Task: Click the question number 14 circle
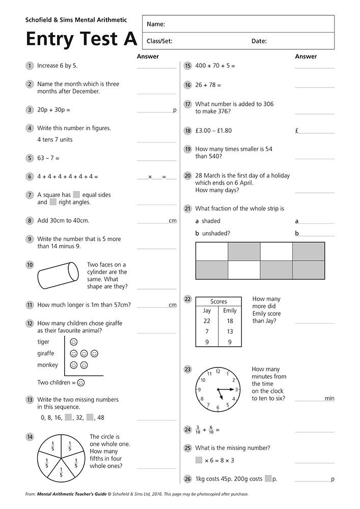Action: tap(30, 436)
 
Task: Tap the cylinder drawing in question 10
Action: tap(58, 275)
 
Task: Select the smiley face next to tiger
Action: tap(74, 342)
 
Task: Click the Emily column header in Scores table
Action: tap(230, 310)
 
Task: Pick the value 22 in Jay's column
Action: tap(207, 321)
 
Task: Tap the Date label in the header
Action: tap(259, 41)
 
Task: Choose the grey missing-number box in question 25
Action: tap(199, 460)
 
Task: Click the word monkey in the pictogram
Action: tap(47, 365)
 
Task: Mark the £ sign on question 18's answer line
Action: tap(297, 131)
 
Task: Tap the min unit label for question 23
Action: tap(329, 399)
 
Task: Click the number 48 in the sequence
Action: tap(100, 417)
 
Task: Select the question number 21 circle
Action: tap(187, 208)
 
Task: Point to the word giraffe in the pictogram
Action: tap(45, 353)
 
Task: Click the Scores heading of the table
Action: tap(218, 301)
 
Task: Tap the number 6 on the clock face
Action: tap(217, 408)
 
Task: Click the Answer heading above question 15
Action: tap(306, 56)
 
